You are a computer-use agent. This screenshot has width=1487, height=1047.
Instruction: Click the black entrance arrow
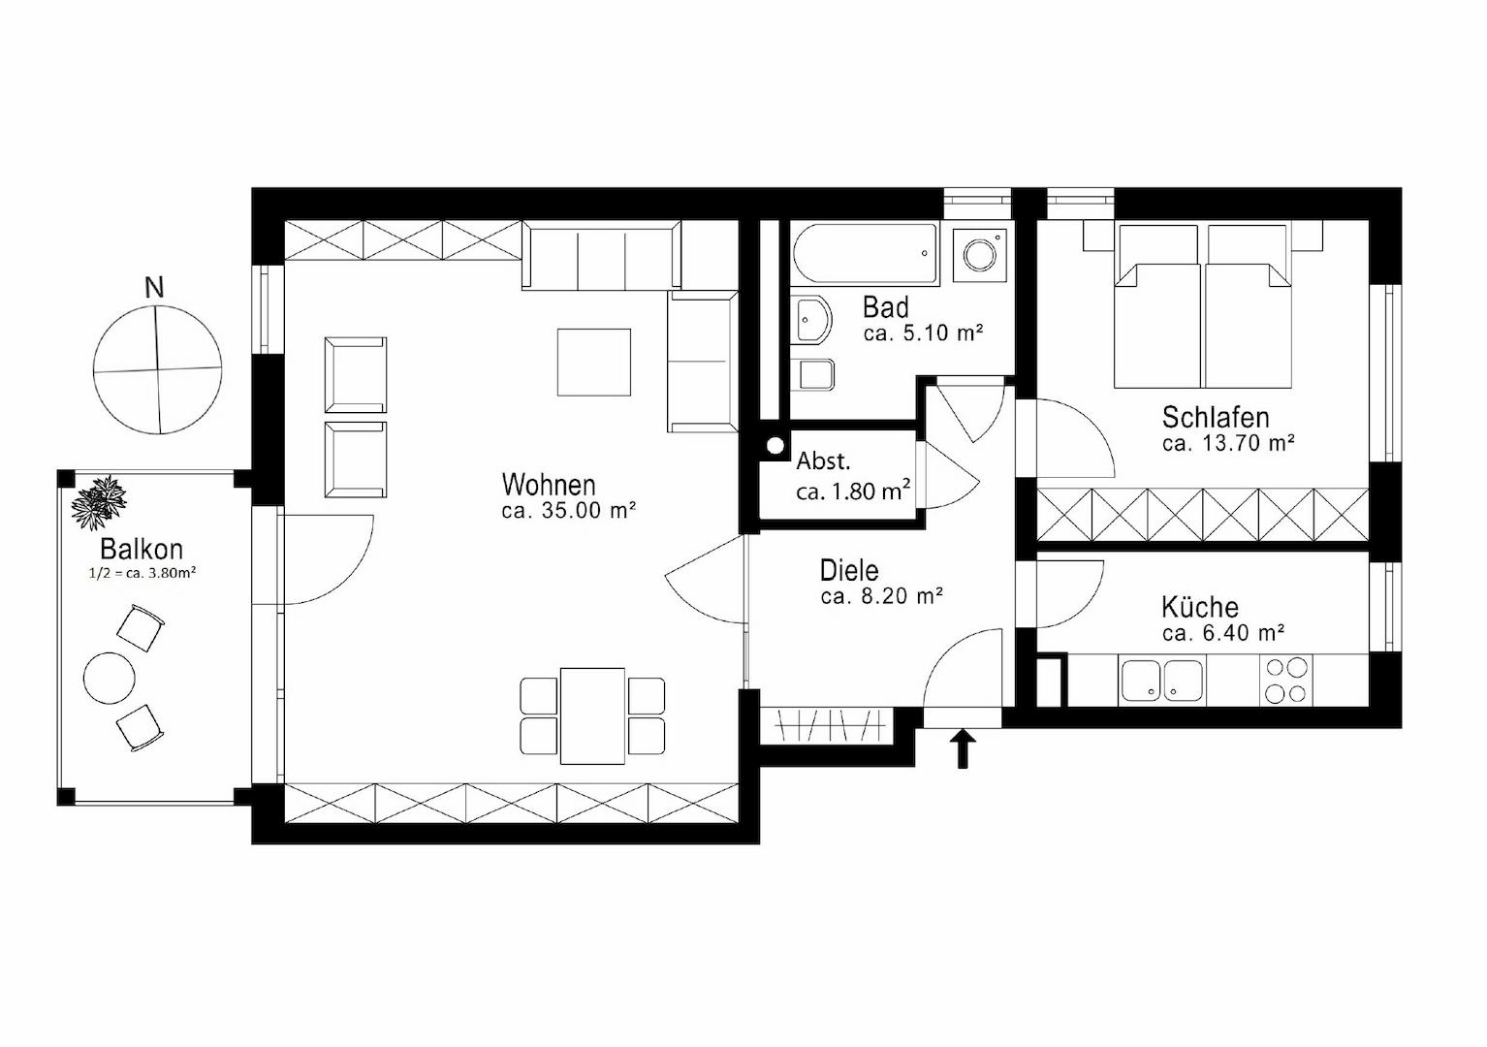[963, 749]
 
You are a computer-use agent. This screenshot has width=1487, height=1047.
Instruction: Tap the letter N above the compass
[154, 288]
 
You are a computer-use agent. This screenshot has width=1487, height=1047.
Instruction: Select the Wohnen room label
[549, 485]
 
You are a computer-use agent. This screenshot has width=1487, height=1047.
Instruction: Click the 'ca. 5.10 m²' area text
[923, 333]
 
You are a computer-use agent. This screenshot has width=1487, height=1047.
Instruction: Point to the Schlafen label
[1215, 418]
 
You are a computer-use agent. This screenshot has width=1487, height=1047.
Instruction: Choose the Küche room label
[1200, 608]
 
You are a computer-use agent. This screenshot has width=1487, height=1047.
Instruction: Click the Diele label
[849, 571]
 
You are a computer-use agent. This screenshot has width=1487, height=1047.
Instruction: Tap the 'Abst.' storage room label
[823, 460]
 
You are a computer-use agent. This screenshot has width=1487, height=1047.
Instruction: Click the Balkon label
[142, 549]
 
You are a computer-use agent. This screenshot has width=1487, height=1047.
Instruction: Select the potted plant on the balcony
[99, 502]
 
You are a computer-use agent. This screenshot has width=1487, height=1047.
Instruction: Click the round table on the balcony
[110, 678]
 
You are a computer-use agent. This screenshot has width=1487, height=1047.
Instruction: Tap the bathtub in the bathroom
[865, 254]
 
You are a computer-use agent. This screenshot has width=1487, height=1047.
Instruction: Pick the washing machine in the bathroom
[979, 255]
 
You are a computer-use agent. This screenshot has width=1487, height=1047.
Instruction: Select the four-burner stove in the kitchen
[1286, 681]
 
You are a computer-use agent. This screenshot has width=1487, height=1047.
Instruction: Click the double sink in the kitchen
[1161, 681]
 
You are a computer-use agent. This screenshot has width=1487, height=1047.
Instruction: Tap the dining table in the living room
[593, 716]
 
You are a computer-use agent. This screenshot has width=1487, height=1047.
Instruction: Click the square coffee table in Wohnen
[594, 363]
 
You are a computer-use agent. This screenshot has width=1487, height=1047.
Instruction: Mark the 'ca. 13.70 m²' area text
[1229, 443]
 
